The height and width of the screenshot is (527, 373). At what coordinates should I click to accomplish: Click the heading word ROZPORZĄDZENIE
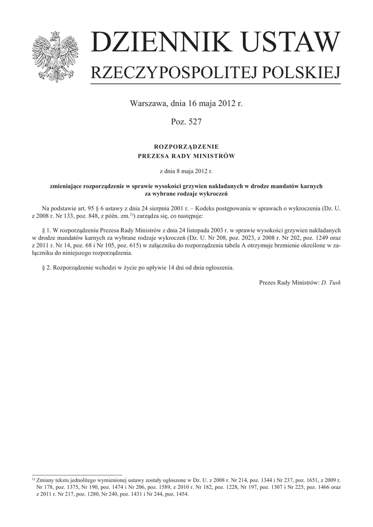click(x=186, y=147)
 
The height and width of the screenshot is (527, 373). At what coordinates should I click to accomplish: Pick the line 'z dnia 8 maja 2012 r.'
click(x=186, y=170)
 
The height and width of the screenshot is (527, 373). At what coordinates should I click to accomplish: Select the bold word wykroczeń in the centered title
click(x=212, y=194)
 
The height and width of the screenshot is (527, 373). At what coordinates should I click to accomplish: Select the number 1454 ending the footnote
click(x=181, y=495)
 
